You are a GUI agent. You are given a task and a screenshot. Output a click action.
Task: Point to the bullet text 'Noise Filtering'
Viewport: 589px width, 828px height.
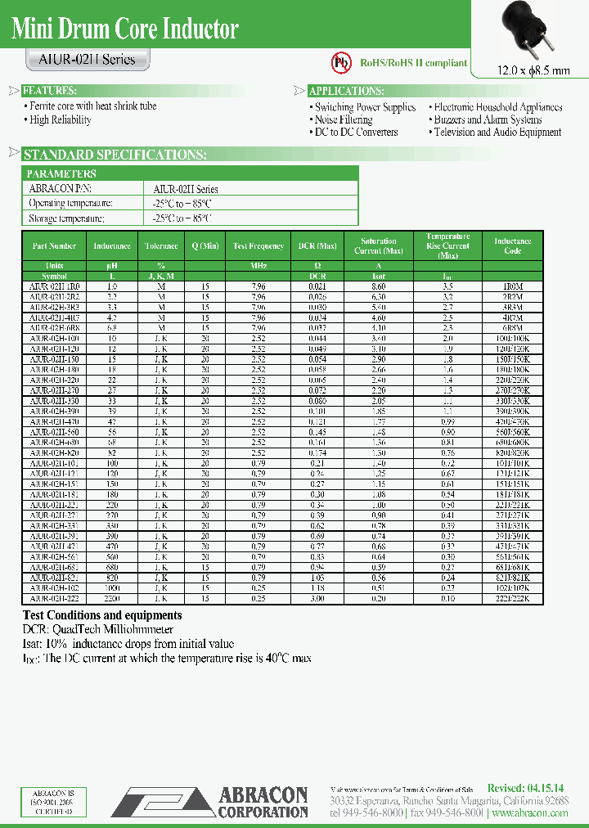point(344,119)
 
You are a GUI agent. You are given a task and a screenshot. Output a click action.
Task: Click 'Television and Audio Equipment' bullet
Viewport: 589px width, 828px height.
point(497,132)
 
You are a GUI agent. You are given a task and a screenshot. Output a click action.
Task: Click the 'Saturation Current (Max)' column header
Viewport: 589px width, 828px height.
point(379,245)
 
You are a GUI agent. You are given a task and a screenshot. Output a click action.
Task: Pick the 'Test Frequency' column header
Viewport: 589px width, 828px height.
point(259,245)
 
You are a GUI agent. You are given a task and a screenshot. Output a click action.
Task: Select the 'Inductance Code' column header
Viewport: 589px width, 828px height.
point(512,245)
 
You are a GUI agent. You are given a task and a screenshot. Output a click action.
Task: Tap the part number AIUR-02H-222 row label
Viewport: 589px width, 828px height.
point(54,598)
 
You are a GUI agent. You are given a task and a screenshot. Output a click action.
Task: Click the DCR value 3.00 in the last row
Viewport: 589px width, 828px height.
point(306,598)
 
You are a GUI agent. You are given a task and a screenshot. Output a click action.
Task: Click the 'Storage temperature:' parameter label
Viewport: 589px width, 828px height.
point(67,218)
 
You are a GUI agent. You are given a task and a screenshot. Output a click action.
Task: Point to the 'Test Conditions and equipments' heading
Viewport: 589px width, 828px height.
point(102,615)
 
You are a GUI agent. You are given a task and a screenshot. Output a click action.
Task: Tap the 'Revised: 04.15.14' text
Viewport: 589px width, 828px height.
point(524,788)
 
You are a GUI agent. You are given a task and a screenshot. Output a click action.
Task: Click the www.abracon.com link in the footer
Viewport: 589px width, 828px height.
point(531,815)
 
